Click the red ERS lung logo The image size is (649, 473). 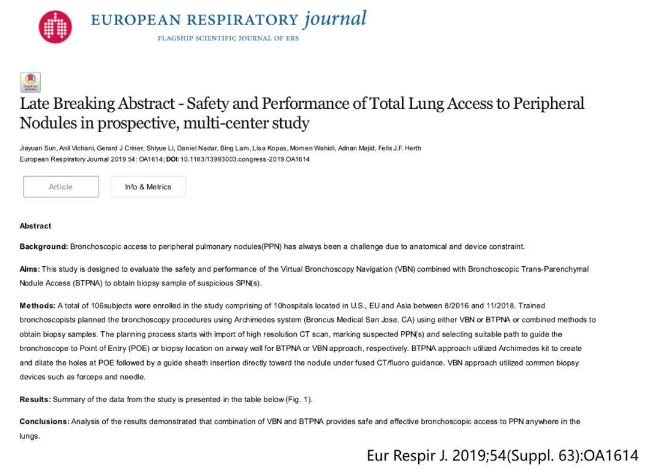pos(55,27)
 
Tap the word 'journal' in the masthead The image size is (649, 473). pos(334,19)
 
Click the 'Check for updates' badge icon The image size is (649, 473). pos(31,82)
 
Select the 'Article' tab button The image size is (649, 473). pos(61,187)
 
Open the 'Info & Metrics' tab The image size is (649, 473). pos(148,187)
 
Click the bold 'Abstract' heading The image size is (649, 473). pos(35,226)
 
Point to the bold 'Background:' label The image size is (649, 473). pos(44,246)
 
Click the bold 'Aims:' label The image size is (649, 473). pos(30,269)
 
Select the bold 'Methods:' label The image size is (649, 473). pos(38,306)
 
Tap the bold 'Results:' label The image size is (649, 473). pos(35,400)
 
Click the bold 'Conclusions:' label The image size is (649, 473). pos(44,421)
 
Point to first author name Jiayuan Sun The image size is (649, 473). pos(37,148)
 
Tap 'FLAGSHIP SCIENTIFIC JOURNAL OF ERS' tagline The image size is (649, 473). pos(228,38)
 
